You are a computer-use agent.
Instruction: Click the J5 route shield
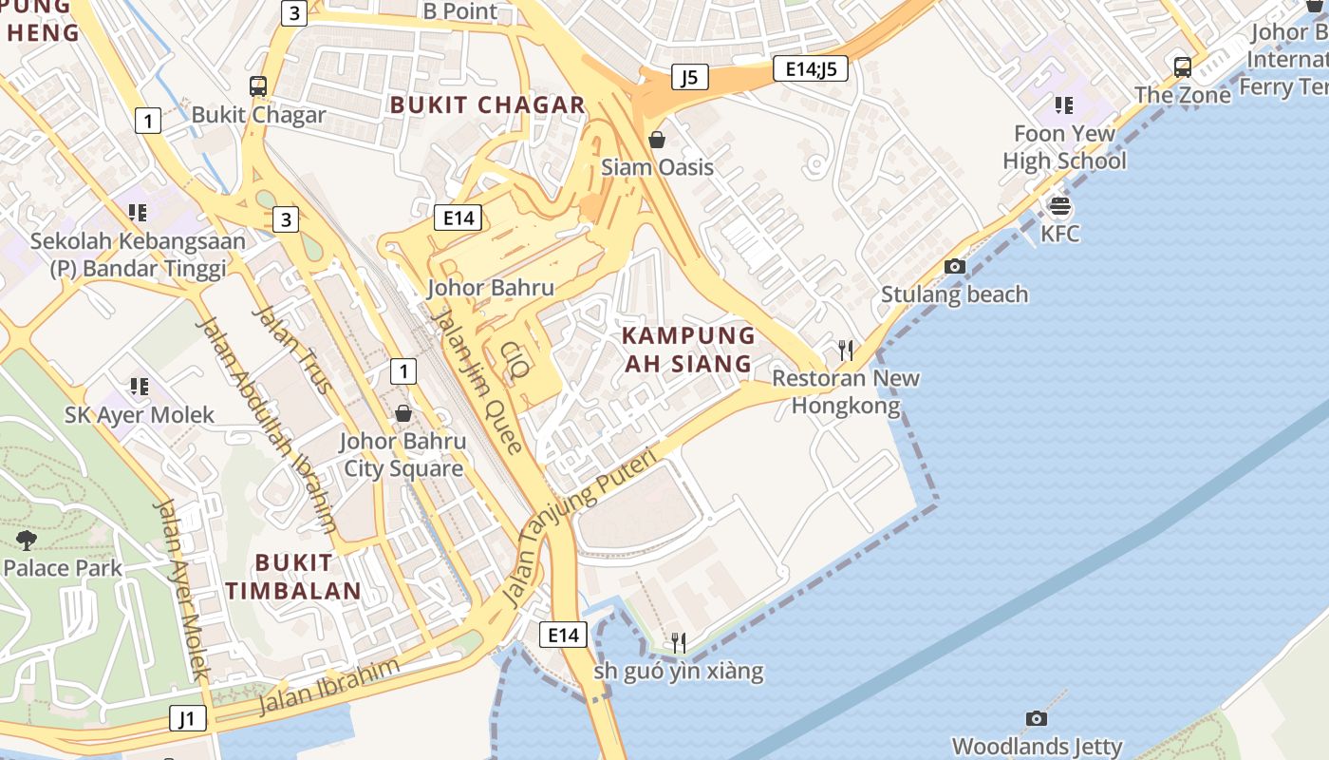click(x=690, y=77)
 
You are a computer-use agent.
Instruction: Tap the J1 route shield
click(x=187, y=718)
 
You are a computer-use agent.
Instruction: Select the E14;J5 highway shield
click(x=810, y=68)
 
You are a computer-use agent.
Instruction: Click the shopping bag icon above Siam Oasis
click(x=657, y=141)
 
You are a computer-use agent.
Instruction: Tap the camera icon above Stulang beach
click(x=955, y=267)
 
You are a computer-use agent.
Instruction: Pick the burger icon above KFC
click(x=1059, y=205)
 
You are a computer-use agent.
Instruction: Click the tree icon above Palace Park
click(x=27, y=541)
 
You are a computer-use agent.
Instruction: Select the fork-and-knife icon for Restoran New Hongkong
click(x=846, y=351)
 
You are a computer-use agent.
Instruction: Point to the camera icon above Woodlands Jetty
click(x=1037, y=719)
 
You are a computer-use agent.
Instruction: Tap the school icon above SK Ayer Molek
click(x=140, y=387)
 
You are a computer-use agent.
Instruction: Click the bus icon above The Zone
click(x=1183, y=67)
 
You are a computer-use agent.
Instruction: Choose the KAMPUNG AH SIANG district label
click(x=689, y=350)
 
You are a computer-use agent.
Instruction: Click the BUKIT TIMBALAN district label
click(x=293, y=576)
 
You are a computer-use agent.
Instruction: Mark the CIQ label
click(x=514, y=362)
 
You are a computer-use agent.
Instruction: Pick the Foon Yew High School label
click(x=1064, y=147)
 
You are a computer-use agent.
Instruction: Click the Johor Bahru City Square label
click(x=403, y=455)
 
